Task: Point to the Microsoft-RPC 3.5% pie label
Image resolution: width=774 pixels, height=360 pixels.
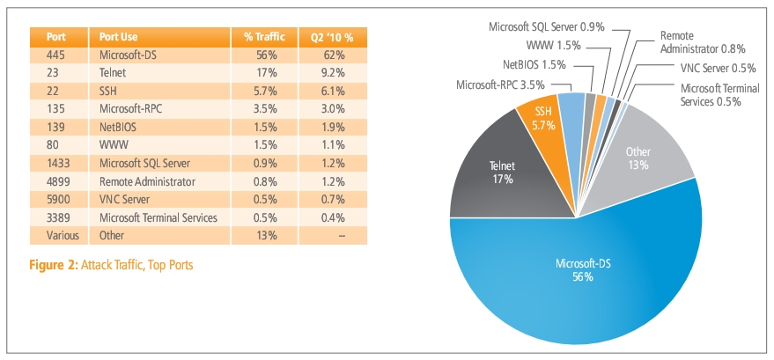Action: point(500,84)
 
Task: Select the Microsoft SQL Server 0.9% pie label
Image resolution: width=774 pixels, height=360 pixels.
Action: point(547,26)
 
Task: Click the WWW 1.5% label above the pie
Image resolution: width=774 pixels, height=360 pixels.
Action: point(553,45)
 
